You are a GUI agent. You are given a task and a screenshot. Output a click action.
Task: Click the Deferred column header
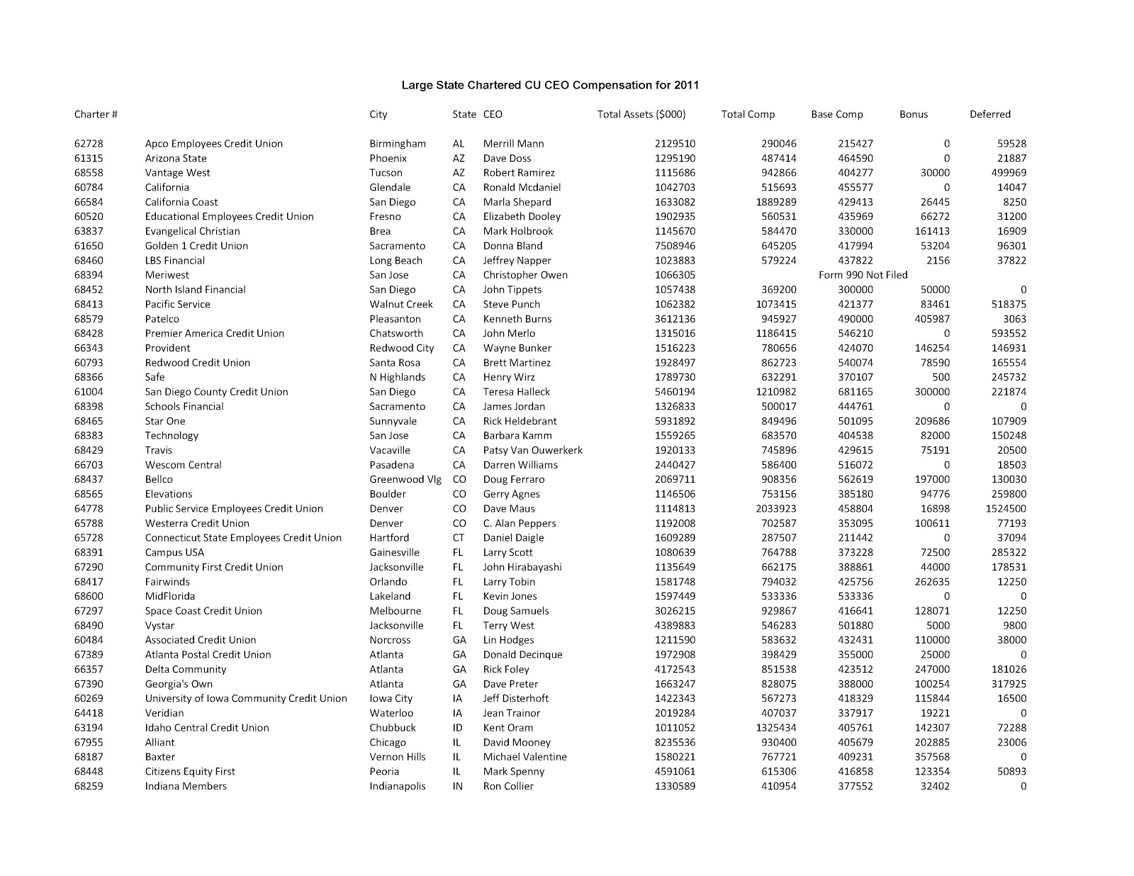(989, 114)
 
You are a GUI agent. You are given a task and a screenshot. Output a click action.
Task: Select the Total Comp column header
(748, 114)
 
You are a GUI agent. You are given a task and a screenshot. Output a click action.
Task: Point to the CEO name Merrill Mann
(515, 144)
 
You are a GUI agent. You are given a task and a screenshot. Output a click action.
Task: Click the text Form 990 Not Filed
(863, 275)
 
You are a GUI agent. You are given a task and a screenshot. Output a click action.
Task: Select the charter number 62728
(89, 144)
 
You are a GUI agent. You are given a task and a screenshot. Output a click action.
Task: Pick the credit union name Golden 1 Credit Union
(196, 246)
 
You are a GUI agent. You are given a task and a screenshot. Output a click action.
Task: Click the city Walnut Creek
(400, 304)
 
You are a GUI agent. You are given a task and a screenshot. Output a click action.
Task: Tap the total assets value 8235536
(675, 742)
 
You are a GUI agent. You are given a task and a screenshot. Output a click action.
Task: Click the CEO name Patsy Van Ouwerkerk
(532, 450)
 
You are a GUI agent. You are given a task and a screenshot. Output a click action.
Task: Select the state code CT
(459, 538)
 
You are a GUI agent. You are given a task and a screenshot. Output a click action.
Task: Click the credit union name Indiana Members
(186, 786)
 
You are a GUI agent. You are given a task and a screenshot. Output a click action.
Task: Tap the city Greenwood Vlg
(405, 479)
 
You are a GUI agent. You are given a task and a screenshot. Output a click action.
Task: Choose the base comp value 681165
(855, 392)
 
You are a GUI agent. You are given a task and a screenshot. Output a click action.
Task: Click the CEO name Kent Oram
(507, 728)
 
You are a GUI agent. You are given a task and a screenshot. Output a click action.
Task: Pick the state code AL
(458, 144)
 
